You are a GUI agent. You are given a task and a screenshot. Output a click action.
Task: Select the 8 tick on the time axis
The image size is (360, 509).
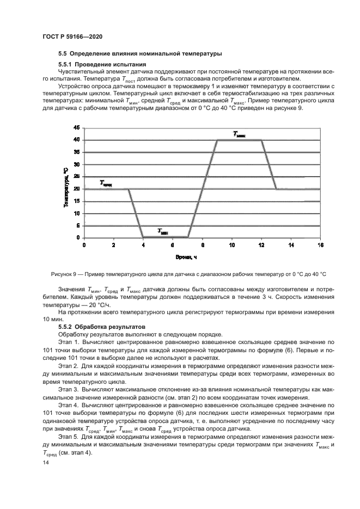[x=203, y=246]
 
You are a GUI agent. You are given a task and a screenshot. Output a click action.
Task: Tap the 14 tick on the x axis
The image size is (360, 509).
[x=291, y=246]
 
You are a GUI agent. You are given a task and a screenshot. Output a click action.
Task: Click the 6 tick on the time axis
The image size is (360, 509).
[x=173, y=246]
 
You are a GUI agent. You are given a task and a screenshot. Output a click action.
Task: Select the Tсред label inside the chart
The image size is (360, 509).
[x=106, y=183]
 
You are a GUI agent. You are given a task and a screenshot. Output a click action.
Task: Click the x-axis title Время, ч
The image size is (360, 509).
[x=186, y=256]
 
